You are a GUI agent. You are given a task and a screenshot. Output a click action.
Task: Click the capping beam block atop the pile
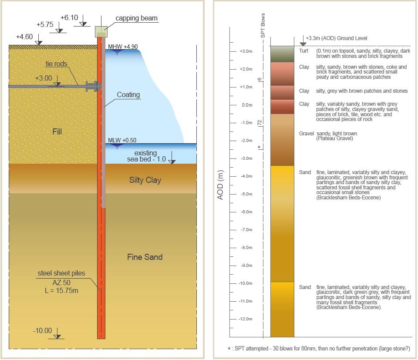[101, 32]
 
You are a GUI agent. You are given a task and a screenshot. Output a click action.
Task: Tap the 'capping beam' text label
[136, 18]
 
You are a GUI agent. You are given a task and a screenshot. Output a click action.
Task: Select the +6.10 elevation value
[69, 17]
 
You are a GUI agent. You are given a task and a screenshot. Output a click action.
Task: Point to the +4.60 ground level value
[24, 37]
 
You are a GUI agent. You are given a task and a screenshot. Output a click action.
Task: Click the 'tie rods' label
[56, 64]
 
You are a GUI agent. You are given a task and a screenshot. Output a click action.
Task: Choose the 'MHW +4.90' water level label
[123, 47]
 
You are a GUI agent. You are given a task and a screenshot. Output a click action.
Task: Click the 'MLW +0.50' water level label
[122, 140]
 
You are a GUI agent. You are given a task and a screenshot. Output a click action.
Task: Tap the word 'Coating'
[128, 94]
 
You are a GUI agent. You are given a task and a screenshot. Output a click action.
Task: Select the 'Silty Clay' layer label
[145, 180]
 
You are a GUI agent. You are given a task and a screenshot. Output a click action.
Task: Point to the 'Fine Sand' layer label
[145, 257]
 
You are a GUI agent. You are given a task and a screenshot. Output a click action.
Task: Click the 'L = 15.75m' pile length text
[61, 290]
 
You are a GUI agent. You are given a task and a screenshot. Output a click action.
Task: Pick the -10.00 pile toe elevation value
[42, 330]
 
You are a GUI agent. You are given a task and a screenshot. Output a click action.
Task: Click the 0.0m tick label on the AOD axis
[247, 105]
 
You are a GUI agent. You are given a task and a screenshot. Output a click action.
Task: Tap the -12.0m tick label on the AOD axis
[245, 319]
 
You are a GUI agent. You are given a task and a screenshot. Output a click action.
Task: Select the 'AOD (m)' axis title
[220, 185]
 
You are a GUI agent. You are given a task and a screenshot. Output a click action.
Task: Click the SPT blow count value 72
[260, 123]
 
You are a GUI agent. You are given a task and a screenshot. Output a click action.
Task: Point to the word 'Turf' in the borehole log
[303, 51]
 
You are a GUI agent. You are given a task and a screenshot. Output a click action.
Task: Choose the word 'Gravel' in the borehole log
[306, 134]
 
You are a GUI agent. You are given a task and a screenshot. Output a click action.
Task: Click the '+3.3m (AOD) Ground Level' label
[337, 38]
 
